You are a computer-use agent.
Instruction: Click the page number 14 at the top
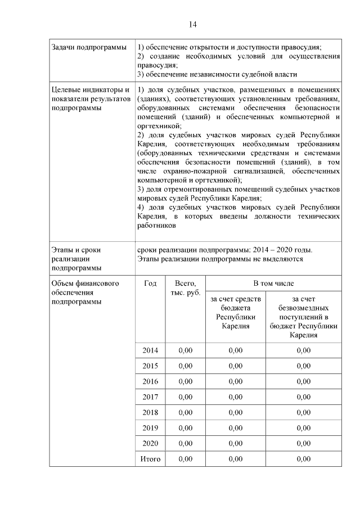click(x=192, y=24)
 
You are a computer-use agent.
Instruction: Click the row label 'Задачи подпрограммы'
click(x=85, y=47)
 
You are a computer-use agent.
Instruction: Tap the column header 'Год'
click(x=150, y=284)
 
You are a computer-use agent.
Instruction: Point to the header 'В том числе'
click(x=273, y=284)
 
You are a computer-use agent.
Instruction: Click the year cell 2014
click(x=150, y=350)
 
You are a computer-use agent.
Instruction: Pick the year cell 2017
click(x=150, y=397)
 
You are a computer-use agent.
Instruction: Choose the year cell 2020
click(x=150, y=444)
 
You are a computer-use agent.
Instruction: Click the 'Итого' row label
click(x=150, y=460)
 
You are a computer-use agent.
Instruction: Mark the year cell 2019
click(x=150, y=428)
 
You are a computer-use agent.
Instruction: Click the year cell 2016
click(x=150, y=381)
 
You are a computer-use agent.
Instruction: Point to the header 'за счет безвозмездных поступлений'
click(x=303, y=317)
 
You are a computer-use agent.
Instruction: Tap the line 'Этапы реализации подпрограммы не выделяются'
click(x=220, y=259)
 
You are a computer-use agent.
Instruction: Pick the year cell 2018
click(x=150, y=412)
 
